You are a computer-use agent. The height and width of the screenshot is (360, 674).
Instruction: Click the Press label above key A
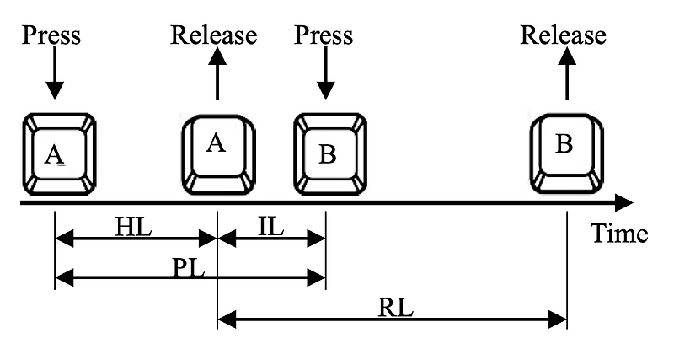pos(52,35)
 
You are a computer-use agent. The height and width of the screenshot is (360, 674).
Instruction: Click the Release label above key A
pos(214,35)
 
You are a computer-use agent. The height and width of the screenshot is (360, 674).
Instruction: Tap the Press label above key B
pos(324,35)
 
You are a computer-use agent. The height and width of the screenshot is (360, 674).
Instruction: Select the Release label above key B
pos(563,35)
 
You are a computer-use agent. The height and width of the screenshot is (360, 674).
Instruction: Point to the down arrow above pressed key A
pos(54,76)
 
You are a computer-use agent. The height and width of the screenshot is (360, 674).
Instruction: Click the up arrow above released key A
pos(217,76)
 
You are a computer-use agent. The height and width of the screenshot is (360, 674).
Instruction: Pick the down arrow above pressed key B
pos(325,76)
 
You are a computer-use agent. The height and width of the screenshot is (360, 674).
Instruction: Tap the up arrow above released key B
pos(566,76)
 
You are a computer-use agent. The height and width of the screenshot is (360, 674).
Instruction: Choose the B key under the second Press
pos(329,154)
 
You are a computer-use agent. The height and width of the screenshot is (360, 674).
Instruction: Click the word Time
pos(618,234)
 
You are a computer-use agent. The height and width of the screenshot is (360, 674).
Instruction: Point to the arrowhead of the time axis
pos(623,202)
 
